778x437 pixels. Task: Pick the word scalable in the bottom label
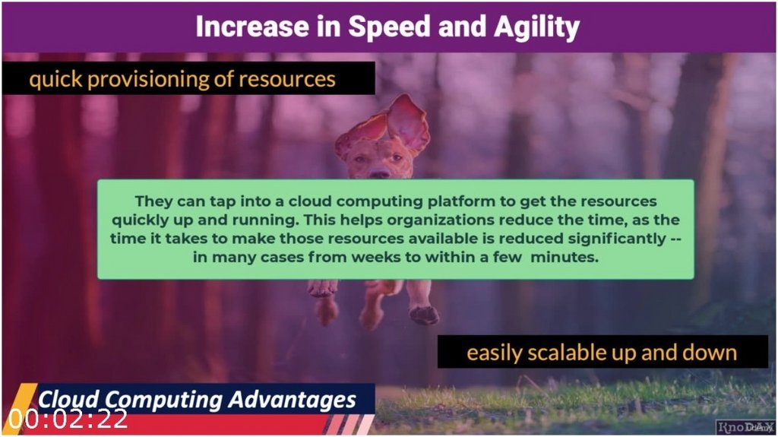pyautogui.click(x=576, y=353)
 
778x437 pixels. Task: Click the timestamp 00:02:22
pyautogui.click(x=68, y=419)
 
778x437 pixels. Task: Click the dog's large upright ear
pyautogui.click(x=408, y=122)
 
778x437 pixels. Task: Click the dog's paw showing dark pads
pyautogui.click(x=424, y=314)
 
